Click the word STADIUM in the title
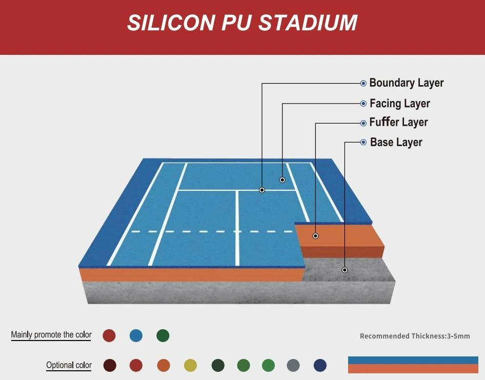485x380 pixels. tap(308, 23)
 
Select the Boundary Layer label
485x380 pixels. tap(407, 83)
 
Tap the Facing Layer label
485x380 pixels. tap(399, 104)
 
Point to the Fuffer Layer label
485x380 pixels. tap(398, 122)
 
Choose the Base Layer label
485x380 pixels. tap(396, 143)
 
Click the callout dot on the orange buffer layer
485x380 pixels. tap(315, 236)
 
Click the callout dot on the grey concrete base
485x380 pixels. tap(345, 270)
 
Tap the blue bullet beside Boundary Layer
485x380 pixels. tap(363, 83)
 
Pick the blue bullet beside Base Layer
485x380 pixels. tap(363, 143)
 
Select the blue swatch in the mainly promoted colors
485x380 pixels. tap(136, 335)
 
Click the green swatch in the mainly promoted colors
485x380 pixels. tap(163, 335)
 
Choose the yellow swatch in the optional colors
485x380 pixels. tap(191, 365)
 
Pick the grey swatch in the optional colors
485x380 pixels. tap(293, 365)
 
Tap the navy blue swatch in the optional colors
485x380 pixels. tap(320, 365)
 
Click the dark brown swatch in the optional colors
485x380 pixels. tap(110, 365)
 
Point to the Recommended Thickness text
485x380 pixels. tap(415, 336)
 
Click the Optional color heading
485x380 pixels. tap(69, 365)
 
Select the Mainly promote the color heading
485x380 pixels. tap(51, 335)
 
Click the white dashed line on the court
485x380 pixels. tap(212, 231)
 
